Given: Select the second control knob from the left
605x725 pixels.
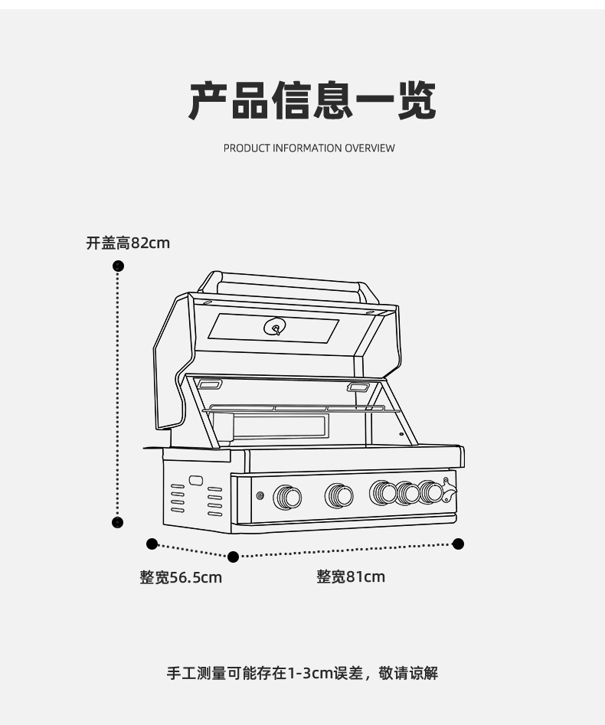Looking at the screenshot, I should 339,496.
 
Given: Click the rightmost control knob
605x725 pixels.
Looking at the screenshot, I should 431,492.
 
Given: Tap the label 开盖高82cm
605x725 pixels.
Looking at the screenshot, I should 128,243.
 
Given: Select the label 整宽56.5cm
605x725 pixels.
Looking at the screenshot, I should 181,577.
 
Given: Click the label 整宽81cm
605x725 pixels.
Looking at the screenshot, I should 351,576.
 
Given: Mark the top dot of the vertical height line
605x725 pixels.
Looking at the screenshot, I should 118,266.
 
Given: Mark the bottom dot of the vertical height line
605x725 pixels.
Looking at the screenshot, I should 118,522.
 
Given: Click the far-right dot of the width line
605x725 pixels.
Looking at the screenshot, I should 458,544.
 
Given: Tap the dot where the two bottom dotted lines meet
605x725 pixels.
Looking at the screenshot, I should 234,557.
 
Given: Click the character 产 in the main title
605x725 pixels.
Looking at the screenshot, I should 208,100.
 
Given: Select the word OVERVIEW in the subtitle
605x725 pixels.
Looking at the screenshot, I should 370,148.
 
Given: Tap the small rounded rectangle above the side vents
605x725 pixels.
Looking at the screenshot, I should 195,481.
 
